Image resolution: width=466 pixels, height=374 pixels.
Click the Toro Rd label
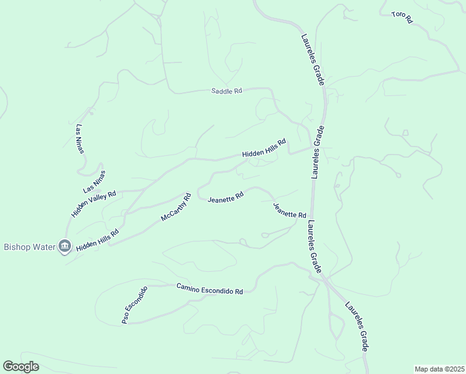point(402,17)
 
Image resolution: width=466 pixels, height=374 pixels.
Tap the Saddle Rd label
point(226,91)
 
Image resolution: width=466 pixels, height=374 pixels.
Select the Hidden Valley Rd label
point(93,204)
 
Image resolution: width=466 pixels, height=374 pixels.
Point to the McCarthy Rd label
point(174,207)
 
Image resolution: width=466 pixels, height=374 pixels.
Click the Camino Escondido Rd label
point(209,289)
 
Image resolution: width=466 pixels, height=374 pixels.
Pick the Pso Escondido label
point(134,305)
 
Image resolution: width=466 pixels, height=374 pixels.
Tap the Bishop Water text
point(30,247)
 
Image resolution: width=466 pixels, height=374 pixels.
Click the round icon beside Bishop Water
point(65,247)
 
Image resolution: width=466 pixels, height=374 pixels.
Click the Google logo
point(21,367)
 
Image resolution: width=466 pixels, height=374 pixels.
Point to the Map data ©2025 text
point(439,369)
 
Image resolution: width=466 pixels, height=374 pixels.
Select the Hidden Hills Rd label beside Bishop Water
point(97,240)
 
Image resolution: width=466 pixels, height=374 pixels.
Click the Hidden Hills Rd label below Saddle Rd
point(264,148)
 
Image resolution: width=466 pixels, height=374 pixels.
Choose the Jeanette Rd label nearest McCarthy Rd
point(225,199)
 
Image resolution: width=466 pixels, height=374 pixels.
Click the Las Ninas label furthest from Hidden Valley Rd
point(79,139)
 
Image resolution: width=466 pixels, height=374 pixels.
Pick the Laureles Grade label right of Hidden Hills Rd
point(318,153)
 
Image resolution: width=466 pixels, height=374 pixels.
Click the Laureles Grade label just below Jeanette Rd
point(315,246)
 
